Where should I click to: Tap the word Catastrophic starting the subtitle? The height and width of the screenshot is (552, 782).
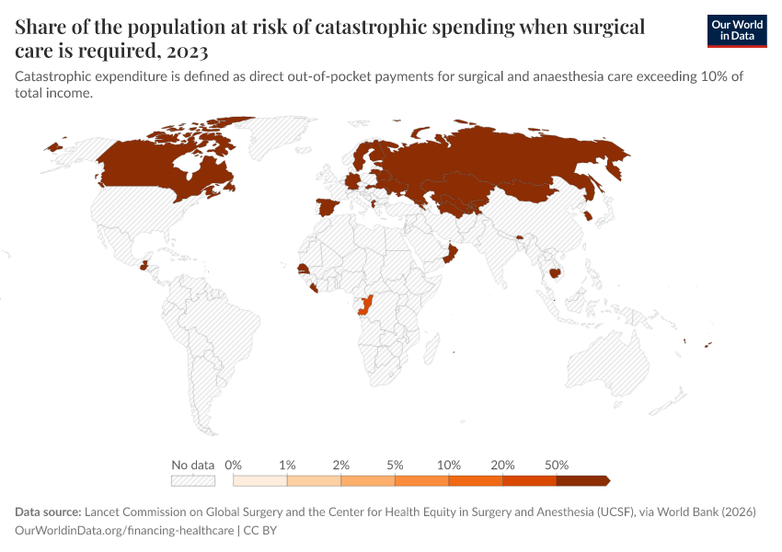tap(58, 76)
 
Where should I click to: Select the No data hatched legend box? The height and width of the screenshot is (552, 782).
tap(192, 480)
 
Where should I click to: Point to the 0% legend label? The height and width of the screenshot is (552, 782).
tap(233, 465)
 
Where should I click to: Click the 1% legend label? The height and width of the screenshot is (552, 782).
tap(287, 465)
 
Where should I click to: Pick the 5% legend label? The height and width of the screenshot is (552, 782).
tap(395, 465)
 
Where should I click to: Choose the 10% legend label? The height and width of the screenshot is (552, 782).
tap(448, 465)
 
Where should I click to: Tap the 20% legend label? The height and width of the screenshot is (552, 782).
tap(502, 465)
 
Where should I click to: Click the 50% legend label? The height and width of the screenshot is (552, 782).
tap(557, 465)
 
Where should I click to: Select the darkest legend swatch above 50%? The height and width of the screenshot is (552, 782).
tap(581, 480)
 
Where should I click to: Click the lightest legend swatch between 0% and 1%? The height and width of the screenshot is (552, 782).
tap(260, 480)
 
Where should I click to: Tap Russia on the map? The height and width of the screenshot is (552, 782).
tap(506, 161)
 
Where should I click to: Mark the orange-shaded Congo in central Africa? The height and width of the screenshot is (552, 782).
tap(367, 305)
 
